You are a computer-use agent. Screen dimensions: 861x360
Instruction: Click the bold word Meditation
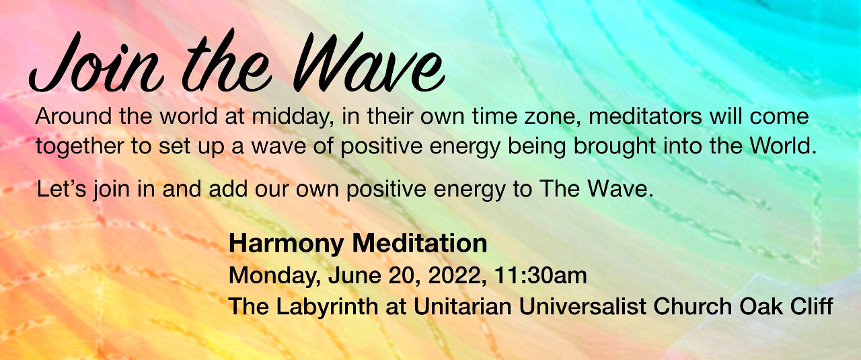pyautogui.click(x=420, y=243)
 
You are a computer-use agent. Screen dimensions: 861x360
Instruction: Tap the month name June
pyautogui.click(x=354, y=275)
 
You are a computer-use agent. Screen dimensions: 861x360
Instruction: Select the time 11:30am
pyautogui.click(x=540, y=275)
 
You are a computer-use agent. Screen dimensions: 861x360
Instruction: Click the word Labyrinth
pyautogui.click(x=327, y=308)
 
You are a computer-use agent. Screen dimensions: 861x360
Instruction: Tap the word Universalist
pyautogui.click(x=583, y=307)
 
